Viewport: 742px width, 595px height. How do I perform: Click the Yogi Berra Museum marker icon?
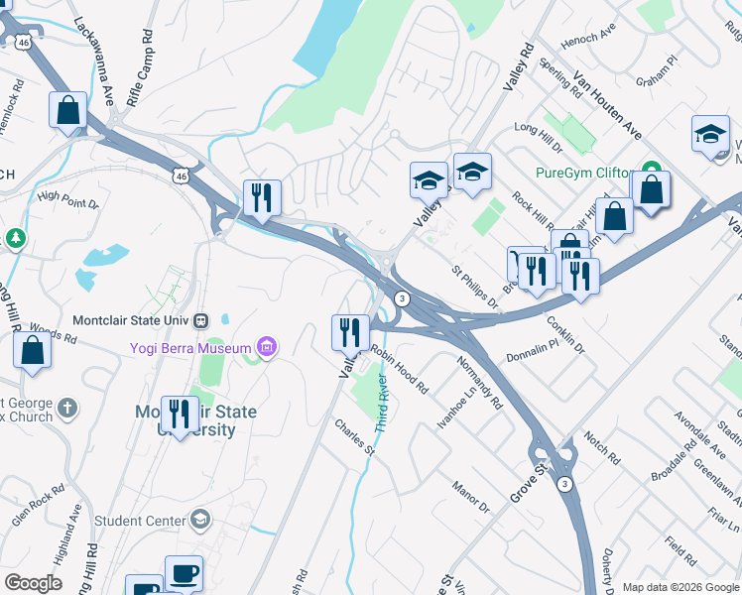tap(266, 347)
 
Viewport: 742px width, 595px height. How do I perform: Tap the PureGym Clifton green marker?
tap(651, 171)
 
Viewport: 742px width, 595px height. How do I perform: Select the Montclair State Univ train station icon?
tap(201, 320)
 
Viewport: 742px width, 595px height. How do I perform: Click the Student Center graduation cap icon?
tap(200, 520)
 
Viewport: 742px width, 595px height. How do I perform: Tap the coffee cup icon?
tap(184, 573)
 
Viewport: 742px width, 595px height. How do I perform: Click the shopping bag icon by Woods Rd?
tap(33, 350)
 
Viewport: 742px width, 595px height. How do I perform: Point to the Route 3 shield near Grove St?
tap(563, 483)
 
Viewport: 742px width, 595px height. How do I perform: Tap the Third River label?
tap(384, 401)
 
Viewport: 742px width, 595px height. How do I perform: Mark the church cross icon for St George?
tap(66, 408)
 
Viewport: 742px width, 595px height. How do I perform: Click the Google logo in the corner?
tap(33, 582)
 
